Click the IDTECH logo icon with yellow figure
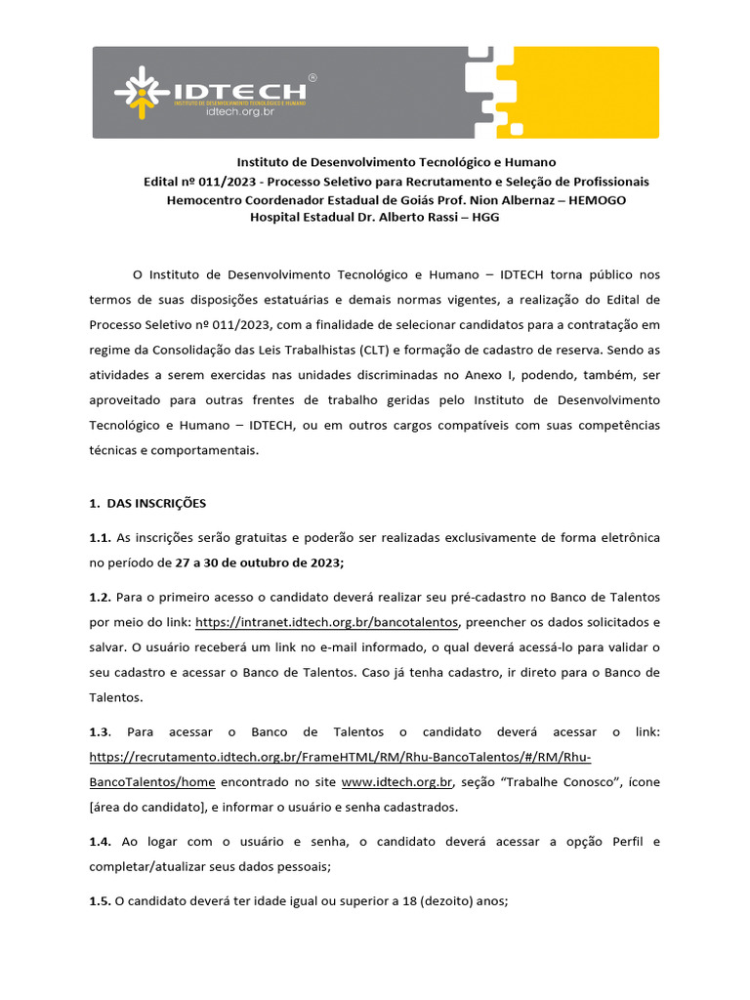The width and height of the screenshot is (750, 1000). point(144,92)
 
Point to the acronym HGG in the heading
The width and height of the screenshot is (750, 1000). point(485,217)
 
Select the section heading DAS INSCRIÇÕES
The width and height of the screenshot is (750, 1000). point(156,503)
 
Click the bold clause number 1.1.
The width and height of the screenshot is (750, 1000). point(101,537)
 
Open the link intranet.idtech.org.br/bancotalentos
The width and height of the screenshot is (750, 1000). point(327,622)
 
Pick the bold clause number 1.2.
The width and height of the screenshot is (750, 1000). point(101,597)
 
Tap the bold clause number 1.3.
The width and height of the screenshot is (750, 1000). point(102,732)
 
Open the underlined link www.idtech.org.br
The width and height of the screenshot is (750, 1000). point(397,782)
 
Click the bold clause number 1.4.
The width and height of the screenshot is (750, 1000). point(101,841)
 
